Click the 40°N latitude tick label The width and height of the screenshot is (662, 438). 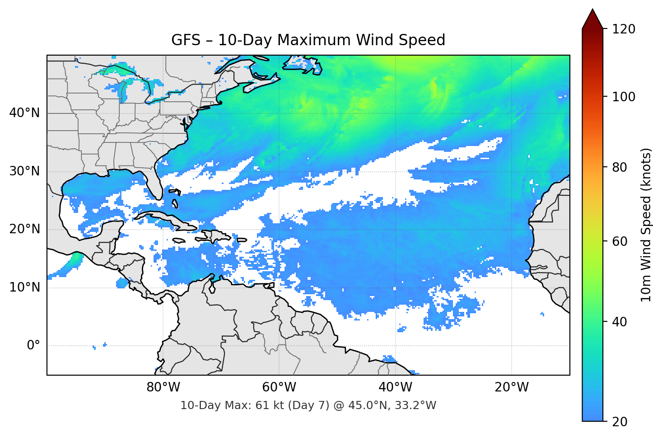click(24, 113)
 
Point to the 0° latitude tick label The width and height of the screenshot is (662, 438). click(33, 346)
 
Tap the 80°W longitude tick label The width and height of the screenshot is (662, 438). click(163, 387)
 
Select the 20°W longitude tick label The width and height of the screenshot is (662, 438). click(512, 387)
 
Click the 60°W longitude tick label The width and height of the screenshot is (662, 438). click(279, 387)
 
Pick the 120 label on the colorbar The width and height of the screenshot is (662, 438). click(623, 29)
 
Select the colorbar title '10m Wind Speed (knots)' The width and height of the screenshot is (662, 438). click(646, 225)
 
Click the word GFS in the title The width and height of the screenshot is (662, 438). click(186, 40)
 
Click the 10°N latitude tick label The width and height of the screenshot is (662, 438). click(24, 287)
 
